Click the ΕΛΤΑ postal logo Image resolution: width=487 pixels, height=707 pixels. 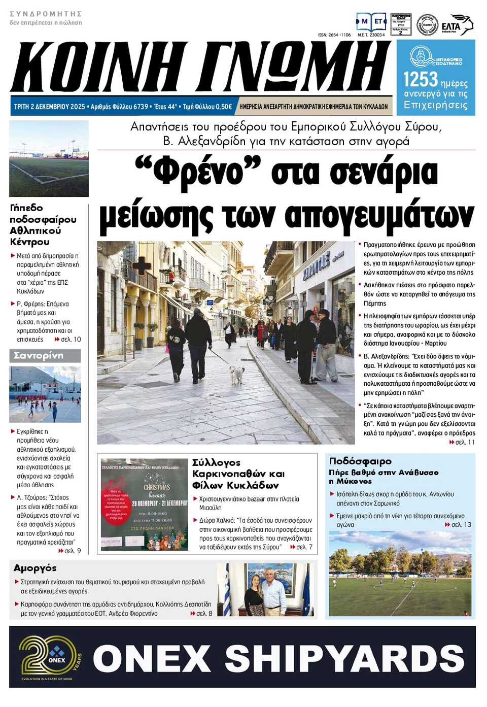[456, 25]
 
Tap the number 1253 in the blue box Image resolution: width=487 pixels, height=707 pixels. [420, 79]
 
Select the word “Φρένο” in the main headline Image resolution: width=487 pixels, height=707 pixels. [198, 172]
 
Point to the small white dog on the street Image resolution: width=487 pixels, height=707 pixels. [236, 374]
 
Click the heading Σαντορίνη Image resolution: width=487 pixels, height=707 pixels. [39, 355]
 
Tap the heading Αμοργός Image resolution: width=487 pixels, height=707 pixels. [35, 568]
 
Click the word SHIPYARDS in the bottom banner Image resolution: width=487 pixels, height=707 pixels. [344, 658]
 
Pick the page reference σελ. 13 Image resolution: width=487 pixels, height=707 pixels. [460, 524]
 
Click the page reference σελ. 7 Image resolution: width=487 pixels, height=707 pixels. [304, 547]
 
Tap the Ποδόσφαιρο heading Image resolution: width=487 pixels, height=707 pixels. [360, 461]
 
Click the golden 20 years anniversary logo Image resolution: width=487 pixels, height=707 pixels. [49, 657]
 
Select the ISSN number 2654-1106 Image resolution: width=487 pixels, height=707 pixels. [334, 35]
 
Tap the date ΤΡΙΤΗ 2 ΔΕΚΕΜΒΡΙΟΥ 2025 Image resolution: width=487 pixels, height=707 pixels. [50, 107]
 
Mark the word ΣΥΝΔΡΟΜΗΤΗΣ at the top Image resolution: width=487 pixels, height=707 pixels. [46, 14]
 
